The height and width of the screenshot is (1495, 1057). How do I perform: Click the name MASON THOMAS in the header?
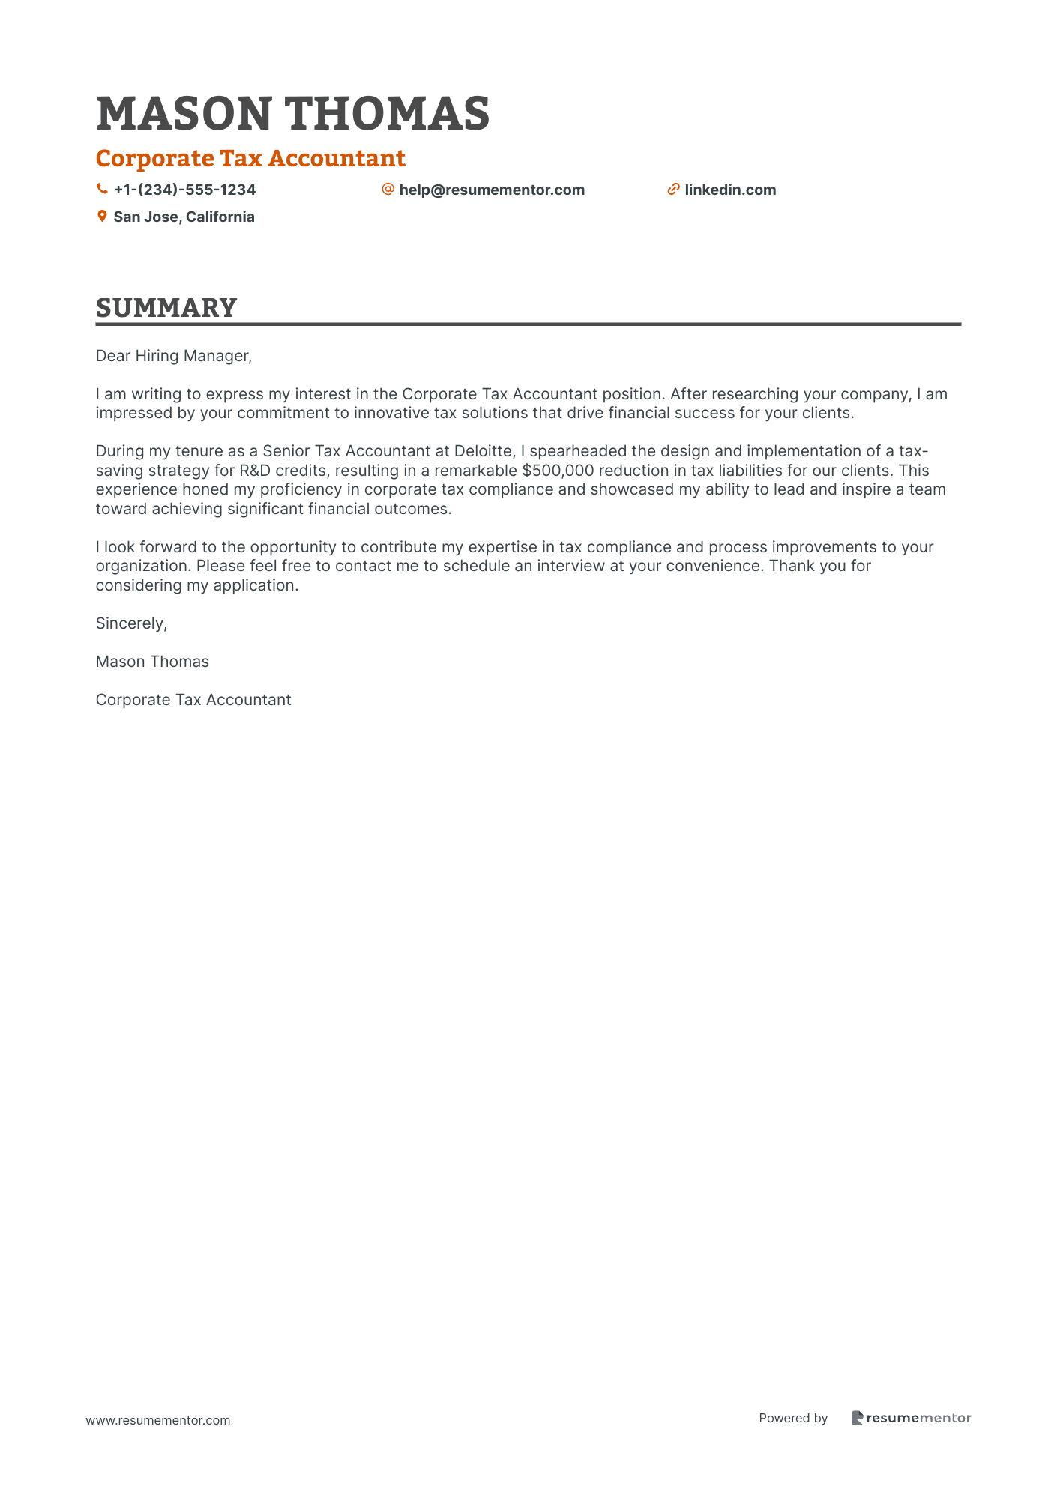click(x=292, y=114)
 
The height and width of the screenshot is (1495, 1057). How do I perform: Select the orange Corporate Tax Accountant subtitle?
click(x=250, y=158)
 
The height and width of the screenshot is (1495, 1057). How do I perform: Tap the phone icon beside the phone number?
click(x=102, y=190)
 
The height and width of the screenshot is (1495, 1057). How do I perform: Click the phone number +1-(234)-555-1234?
click(x=184, y=190)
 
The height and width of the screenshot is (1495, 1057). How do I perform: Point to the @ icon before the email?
click(x=388, y=189)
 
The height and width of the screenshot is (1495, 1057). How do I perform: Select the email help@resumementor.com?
click(x=492, y=190)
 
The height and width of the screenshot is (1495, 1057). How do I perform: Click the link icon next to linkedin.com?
click(x=673, y=190)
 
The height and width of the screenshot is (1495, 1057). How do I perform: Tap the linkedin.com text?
click(x=730, y=190)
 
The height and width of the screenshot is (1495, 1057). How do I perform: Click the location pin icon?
click(x=102, y=217)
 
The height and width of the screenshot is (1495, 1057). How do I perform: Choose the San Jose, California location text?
click(x=184, y=217)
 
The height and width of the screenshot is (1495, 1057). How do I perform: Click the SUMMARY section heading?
click(x=166, y=308)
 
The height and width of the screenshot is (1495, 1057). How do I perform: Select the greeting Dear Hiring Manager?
click(x=174, y=356)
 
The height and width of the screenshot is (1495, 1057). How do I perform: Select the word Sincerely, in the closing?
click(x=131, y=623)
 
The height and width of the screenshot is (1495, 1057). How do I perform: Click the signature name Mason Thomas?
click(x=152, y=662)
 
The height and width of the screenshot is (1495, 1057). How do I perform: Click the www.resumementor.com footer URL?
click(x=158, y=1420)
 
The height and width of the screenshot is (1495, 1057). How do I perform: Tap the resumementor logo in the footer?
click(x=911, y=1418)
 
